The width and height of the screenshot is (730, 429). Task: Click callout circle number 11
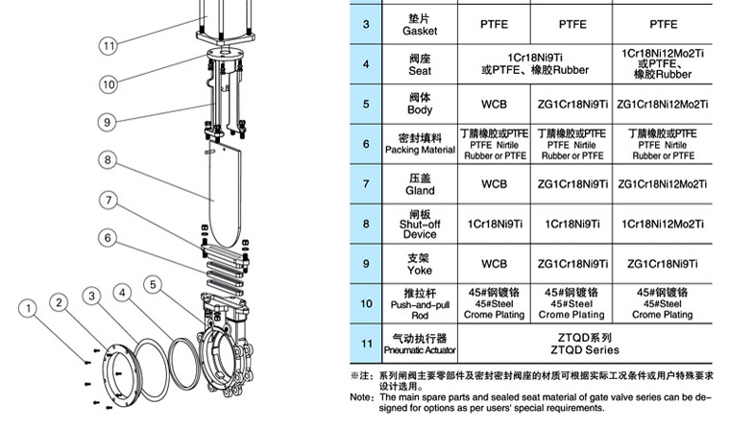point(109,46)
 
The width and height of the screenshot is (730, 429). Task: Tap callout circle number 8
point(108,160)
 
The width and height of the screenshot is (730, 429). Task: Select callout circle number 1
point(29,308)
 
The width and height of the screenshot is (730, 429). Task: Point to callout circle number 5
point(153,284)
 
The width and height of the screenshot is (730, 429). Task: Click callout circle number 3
point(91,296)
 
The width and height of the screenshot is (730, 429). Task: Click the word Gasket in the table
point(420,31)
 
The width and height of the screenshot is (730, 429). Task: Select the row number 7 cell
point(366,184)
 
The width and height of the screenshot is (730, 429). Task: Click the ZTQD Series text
point(585,350)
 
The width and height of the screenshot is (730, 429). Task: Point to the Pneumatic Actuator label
point(420,350)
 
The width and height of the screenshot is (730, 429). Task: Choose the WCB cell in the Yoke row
point(494,264)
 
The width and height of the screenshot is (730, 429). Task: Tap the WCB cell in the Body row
point(494,105)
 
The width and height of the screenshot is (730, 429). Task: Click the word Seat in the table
point(420,71)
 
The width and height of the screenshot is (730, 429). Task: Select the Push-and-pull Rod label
point(420,310)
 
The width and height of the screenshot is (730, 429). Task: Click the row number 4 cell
point(366,64)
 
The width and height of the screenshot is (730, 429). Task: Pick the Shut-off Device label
point(420,229)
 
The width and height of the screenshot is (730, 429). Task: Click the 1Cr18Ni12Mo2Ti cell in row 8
point(663,225)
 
